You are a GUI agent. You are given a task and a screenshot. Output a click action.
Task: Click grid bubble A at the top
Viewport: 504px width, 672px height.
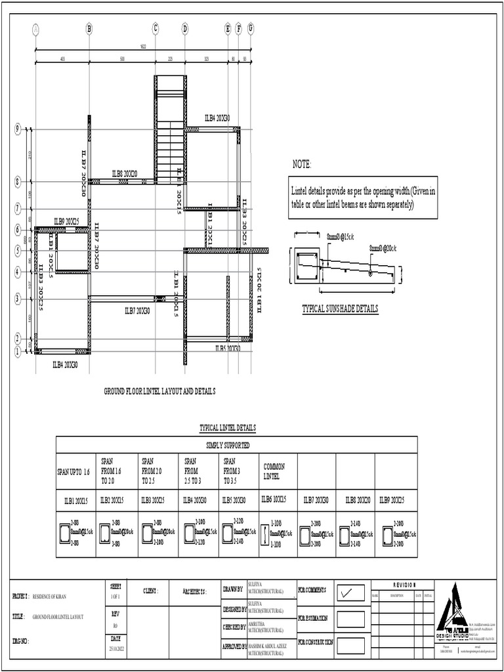pyautogui.click(x=35, y=28)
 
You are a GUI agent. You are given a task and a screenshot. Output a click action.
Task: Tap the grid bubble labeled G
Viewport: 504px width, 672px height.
pyautogui.click(x=251, y=28)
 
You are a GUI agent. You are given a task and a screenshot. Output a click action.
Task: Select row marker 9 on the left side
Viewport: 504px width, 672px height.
pyautogui.click(x=18, y=129)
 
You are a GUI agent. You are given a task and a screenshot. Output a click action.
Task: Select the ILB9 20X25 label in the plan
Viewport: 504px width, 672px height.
pyautogui.click(x=66, y=222)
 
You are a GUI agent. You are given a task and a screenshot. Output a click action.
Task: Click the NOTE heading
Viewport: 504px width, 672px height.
pyautogui.click(x=302, y=163)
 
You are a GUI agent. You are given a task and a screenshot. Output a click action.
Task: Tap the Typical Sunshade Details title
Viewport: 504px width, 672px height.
pyautogui.click(x=340, y=308)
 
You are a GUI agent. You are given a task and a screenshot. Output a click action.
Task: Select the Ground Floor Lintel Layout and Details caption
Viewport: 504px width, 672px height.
pyautogui.click(x=160, y=391)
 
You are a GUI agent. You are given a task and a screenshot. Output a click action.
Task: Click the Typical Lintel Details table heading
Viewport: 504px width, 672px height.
pyautogui.click(x=228, y=428)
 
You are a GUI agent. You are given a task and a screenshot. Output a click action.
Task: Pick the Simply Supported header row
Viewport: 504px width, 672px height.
pyautogui.click(x=228, y=445)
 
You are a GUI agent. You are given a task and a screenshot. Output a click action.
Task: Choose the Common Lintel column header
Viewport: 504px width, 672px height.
pyautogui.click(x=274, y=470)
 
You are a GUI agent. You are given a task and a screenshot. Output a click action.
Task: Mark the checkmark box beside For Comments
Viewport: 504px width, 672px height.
pyautogui.click(x=350, y=593)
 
